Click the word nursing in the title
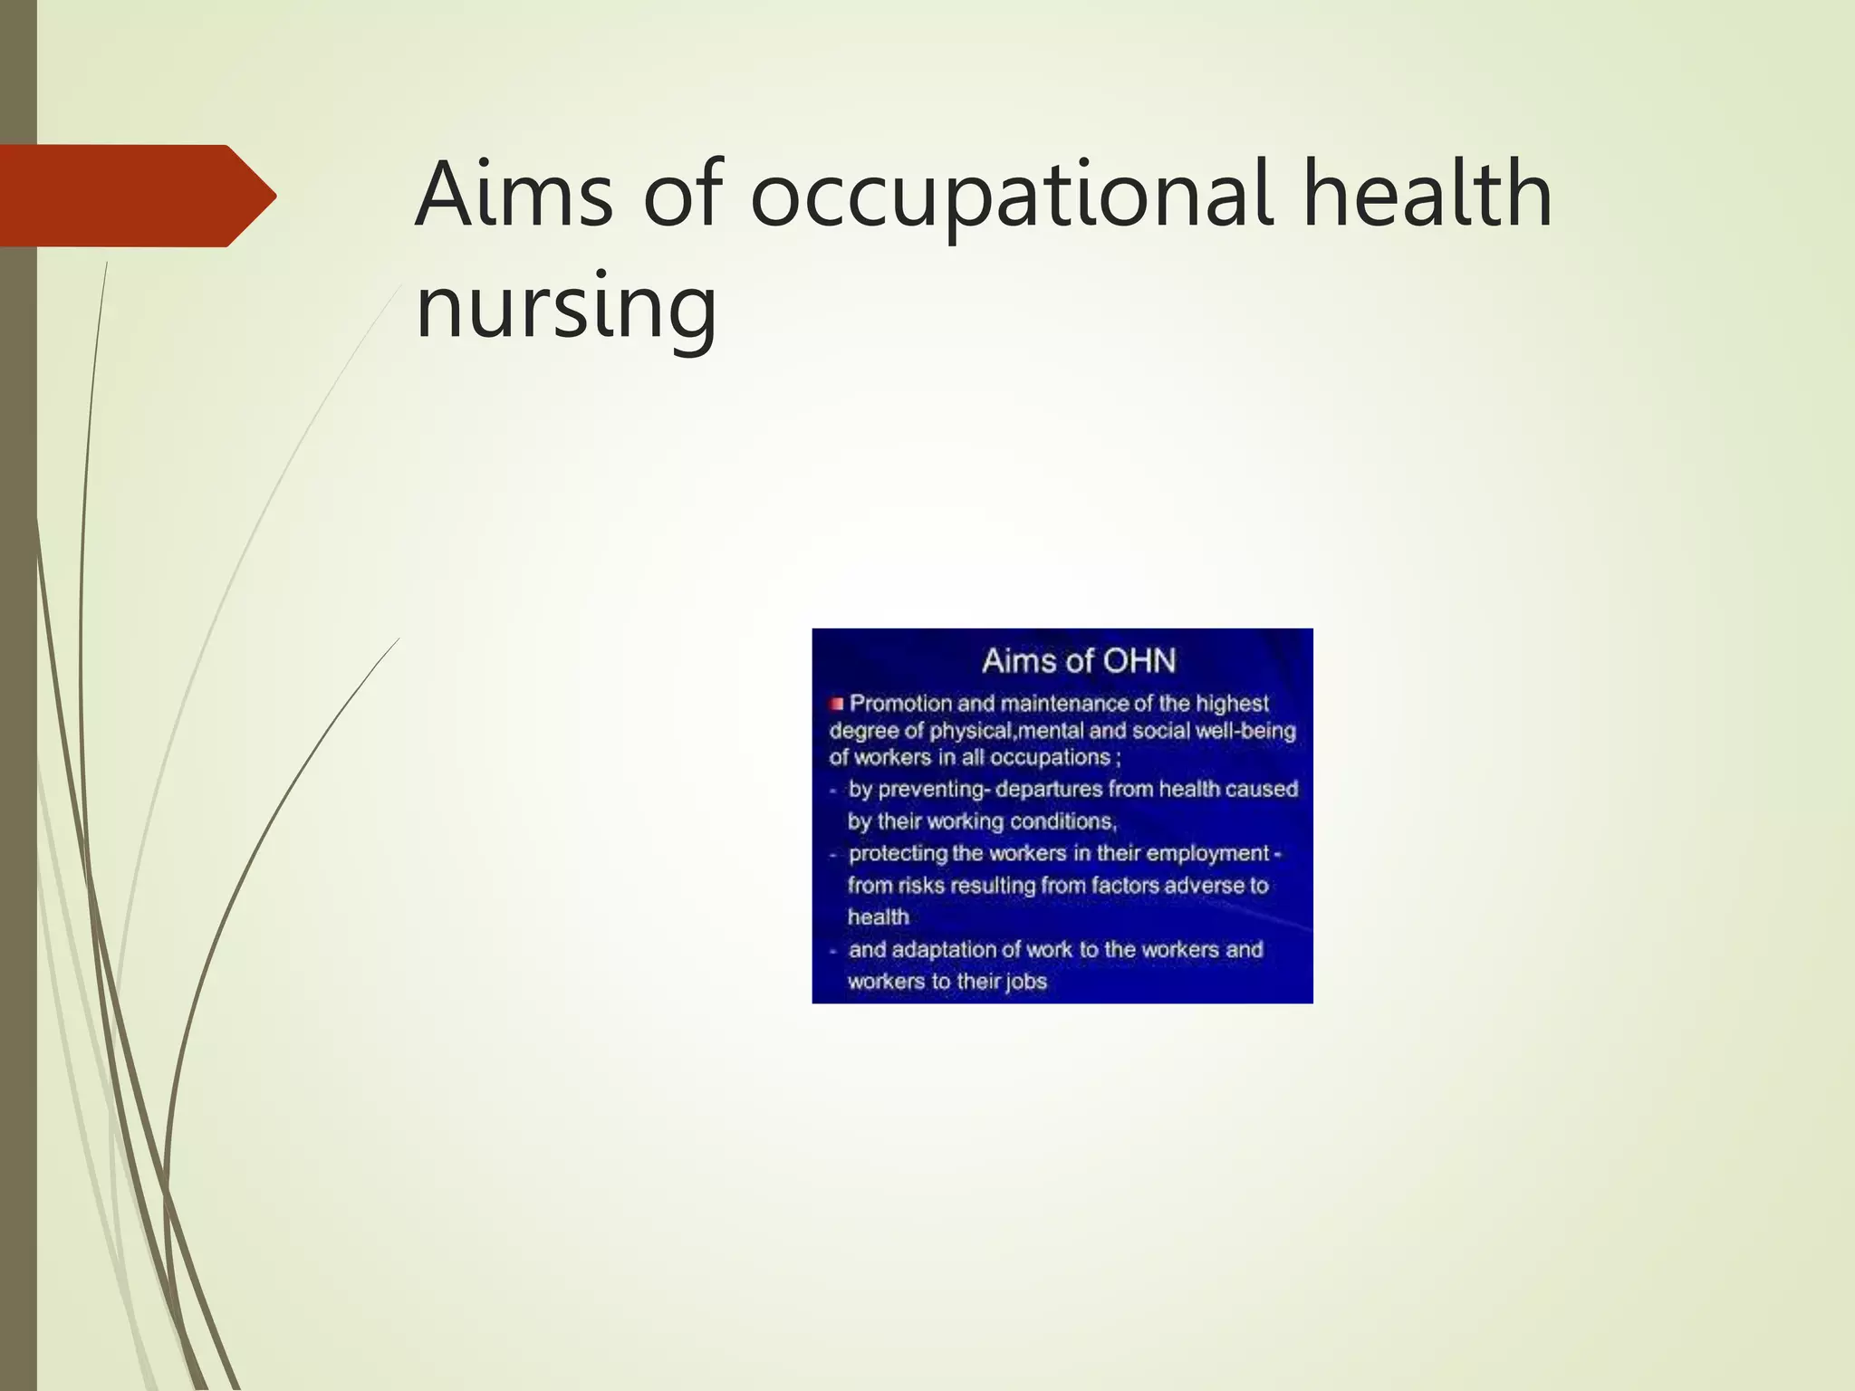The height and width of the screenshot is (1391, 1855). click(566, 308)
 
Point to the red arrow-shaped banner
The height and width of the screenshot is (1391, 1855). click(136, 196)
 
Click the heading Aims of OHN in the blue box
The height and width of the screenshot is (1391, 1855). click(1078, 661)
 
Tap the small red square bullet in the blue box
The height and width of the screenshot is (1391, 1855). click(836, 704)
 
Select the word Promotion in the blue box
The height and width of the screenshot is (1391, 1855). click(900, 704)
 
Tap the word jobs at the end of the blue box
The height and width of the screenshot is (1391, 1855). click(1024, 982)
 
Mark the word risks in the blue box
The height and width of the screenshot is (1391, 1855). click(921, 885)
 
